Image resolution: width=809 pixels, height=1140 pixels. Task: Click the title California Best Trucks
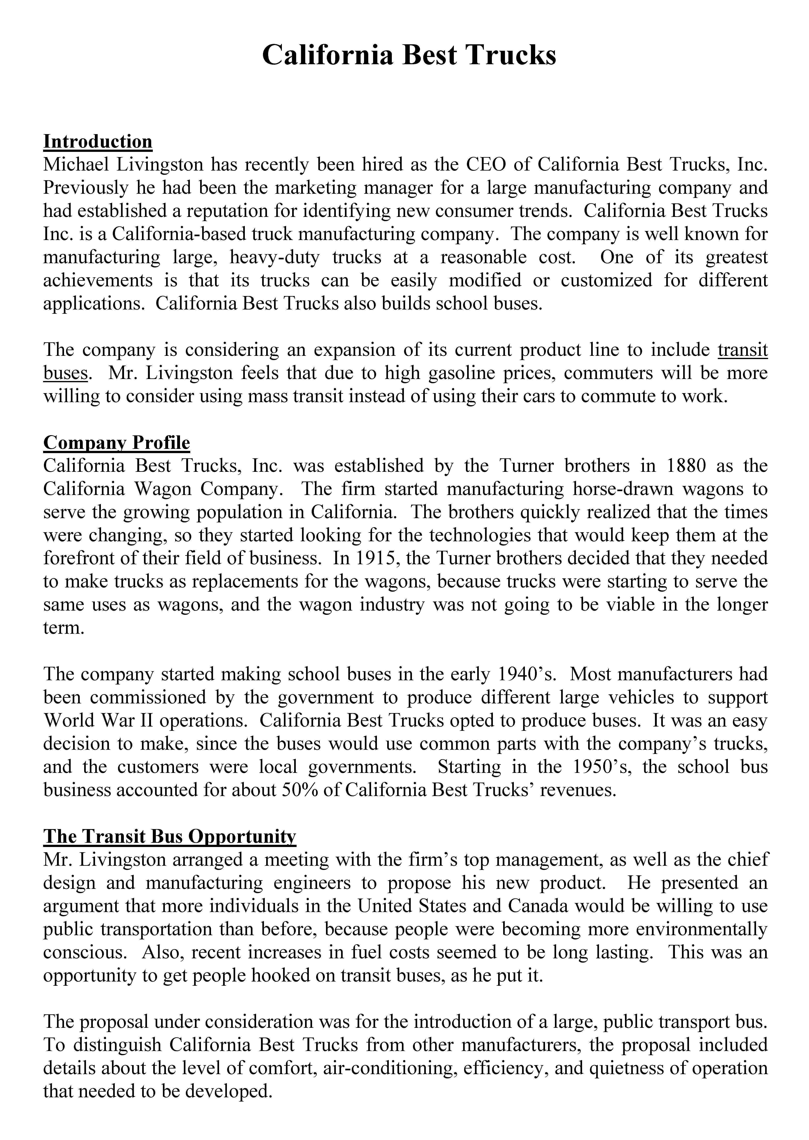tap(409, 55)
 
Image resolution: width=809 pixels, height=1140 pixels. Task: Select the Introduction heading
tap(98, 142)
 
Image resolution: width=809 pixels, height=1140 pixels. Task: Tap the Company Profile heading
tap(117, 442)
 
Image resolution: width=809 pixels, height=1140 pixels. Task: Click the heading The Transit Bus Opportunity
tap(169, 836)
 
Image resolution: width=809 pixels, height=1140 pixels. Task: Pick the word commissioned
tap(148, 697)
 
